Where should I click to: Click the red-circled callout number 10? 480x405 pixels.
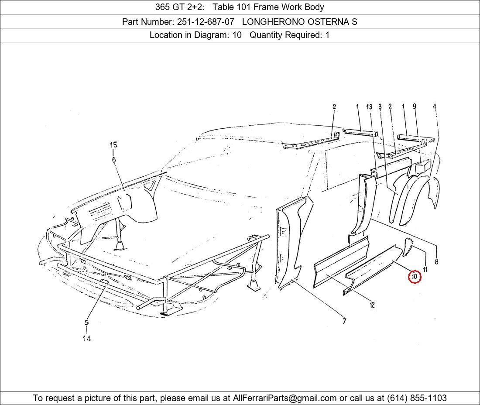pos(415,277)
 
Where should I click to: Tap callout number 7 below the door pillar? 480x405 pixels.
pos(344,321)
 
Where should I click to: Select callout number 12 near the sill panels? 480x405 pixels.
pos(372,305)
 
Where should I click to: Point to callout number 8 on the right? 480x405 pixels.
pos(436,261)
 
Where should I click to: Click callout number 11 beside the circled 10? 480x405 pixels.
pos(425,269)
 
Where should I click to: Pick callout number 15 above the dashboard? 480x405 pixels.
pos(113,145)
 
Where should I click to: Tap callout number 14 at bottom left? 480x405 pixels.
pos(87,338)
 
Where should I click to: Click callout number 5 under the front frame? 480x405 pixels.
pos(87,323)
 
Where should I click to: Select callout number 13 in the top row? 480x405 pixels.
pos(369,106)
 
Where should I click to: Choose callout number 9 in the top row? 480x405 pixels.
pos(415,106)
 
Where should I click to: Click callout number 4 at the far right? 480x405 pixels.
pos(434,106)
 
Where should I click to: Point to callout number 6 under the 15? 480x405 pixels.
pos(113,160)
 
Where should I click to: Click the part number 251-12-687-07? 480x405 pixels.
pos(206,22)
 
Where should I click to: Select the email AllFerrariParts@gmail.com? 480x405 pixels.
pos(285,398)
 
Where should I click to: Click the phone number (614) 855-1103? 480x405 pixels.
pos(417,398)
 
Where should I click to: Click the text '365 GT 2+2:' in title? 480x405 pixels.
pos(180,7)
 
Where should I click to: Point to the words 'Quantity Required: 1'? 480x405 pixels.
pos(290,35)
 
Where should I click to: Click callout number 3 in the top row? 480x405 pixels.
pos(380,106)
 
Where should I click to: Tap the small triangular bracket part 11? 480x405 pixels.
pos(406,247)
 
